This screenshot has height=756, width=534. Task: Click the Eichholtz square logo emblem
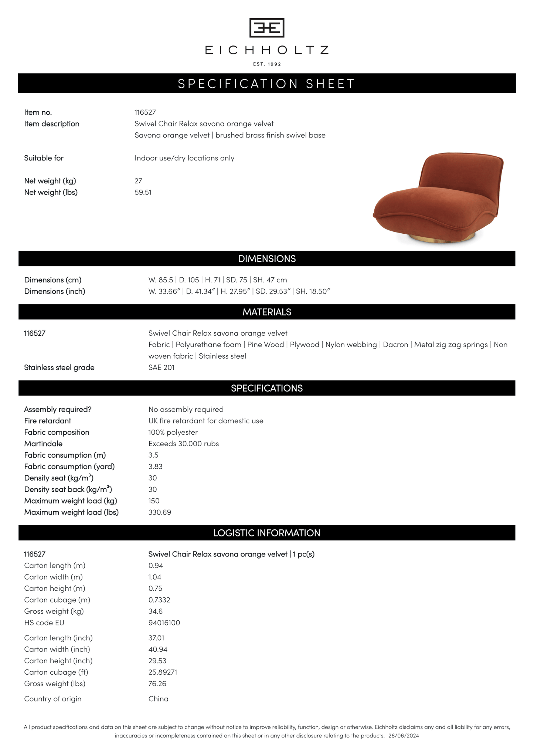click(267, 28)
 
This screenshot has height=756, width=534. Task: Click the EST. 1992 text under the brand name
click(267, 64)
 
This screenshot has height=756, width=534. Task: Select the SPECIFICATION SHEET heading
click(267, 84)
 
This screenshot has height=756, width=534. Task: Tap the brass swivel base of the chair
click(442, 238)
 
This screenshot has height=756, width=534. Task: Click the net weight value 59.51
click(143, 192)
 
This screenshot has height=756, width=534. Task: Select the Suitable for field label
click(44, 158)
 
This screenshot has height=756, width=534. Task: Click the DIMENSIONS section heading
click(267, 259)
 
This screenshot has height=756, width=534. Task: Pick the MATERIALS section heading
click(267, 312)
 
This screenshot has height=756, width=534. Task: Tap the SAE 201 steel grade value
click(161, 367)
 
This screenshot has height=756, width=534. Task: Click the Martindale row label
click(43, 444)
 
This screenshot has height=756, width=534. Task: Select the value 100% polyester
click(173, 432)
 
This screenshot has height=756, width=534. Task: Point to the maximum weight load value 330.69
click(160, 512)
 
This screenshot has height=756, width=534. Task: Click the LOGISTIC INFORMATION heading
click(267, 533)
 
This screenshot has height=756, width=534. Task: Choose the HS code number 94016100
click(164, 623)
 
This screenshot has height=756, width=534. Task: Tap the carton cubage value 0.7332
click(159, 600)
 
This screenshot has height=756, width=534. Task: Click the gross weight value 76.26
click(157, 684)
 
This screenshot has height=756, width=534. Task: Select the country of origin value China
click(159, 699)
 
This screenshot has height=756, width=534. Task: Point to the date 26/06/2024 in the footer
click(404, 736)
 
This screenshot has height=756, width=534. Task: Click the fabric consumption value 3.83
click(156, 467)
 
